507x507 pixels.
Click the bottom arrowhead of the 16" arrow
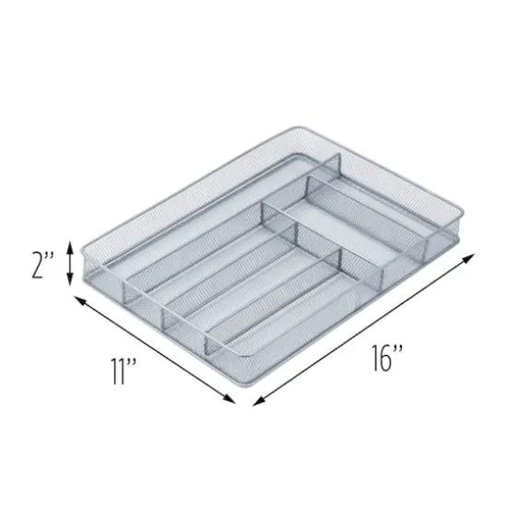(255, 402)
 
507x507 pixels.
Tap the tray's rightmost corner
(458, 242)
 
